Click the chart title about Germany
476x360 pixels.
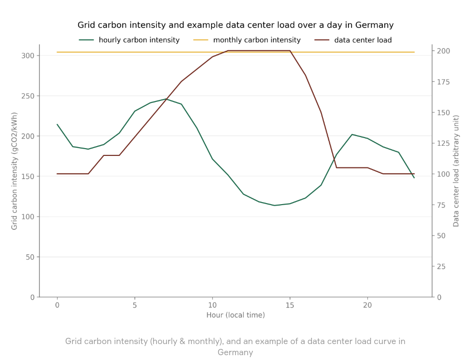pos(236,25)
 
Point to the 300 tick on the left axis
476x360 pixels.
pos(28,55)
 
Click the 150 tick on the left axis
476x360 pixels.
pos(28,176)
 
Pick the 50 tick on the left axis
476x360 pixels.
pos(30,257)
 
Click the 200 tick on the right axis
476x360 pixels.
pos(444,51)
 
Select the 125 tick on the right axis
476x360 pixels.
pos(444,143)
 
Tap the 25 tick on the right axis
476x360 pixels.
pos(442,266)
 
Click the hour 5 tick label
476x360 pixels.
pos(135,305)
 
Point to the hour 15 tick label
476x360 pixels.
pos(290,305)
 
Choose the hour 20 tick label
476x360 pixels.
pos(367,305)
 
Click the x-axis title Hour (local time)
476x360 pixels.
pos(236,315)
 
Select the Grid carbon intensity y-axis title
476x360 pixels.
pos(14,171)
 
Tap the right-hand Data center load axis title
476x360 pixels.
pos(456,171)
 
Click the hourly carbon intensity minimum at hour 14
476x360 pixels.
pos(274,206)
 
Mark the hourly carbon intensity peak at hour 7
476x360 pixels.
pos(166,99)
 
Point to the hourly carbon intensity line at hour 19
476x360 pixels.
pos(352,134)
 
